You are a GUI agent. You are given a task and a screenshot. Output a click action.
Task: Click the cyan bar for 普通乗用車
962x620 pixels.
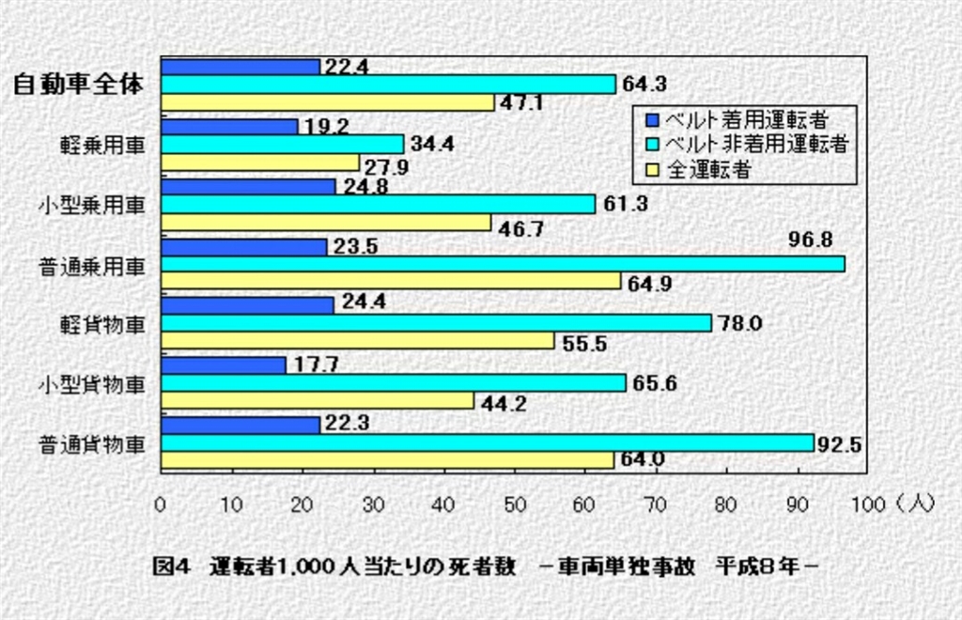[503, 264]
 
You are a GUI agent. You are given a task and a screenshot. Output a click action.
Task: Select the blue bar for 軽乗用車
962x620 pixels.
[229, 127]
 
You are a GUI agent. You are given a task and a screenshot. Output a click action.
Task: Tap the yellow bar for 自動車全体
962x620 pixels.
[328, 102]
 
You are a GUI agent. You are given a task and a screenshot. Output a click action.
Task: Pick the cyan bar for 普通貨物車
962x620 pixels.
[487, 442]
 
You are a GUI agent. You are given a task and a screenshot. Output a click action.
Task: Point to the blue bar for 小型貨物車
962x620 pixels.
[224, 365]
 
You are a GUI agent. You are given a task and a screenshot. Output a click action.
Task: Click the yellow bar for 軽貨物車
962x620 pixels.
[357, 341]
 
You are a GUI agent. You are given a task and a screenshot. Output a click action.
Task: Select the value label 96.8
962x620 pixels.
[813, 240]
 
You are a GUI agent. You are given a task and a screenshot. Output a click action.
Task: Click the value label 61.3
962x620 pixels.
[624, 204]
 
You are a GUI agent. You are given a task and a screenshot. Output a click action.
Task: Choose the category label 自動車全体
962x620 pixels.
[78, 85]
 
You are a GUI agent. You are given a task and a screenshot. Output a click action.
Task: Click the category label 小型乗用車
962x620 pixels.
[91, 206]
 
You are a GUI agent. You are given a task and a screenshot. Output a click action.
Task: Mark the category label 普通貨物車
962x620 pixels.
[91, 443]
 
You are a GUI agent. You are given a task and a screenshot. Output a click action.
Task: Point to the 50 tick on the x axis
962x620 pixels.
[514, 504]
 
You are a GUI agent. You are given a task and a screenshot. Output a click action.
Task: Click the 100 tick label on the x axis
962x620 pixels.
[867, 504]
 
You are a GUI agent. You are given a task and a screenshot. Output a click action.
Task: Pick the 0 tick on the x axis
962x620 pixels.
[161, 504]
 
